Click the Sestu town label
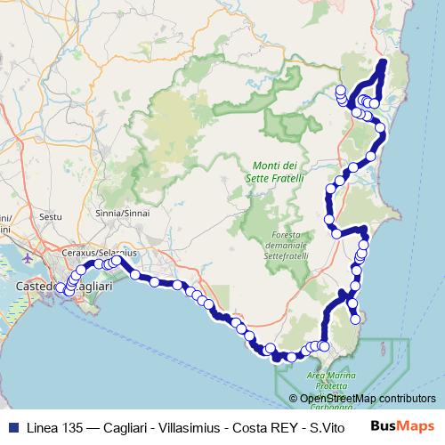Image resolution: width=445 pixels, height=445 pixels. [x=52, y=216]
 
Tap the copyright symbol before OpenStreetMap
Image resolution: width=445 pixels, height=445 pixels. [x=304, y=400]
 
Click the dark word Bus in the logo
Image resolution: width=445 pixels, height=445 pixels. [x=383, y=426]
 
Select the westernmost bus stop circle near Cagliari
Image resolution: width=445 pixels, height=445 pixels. [x=61, y=288]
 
